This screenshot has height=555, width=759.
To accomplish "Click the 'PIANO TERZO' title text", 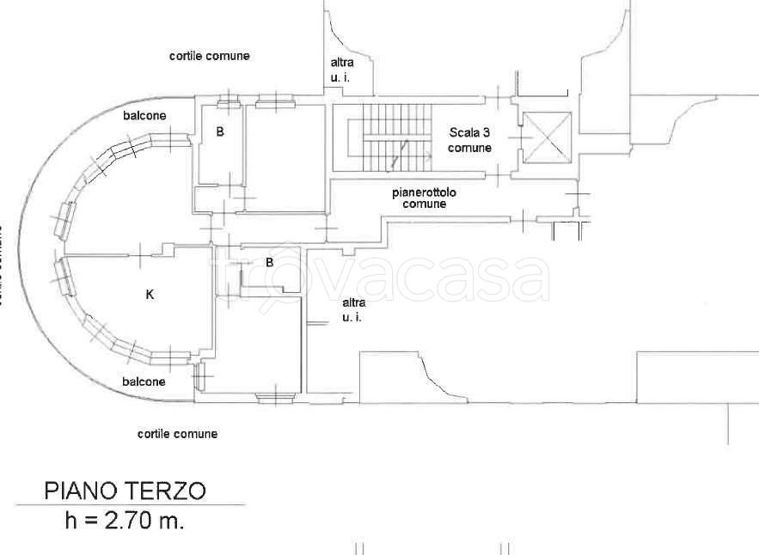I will (125, 491).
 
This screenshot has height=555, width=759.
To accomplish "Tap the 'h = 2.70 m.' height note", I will (125, 520).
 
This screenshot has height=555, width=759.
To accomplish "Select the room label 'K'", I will (150, 295).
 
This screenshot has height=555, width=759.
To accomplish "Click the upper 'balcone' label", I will (144, 115).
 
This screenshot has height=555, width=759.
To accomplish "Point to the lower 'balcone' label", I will (144, 381).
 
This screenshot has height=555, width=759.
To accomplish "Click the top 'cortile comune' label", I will (210, 56).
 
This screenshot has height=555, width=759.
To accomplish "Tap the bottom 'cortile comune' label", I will (177, 434).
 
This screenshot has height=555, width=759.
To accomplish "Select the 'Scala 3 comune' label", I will (469, 140).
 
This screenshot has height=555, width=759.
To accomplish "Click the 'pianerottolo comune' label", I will (425, 198).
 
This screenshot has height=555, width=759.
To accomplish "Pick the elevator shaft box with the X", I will (547, 137).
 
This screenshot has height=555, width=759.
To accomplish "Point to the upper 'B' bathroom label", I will (220, 132).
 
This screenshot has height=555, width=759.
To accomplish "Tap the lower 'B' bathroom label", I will (270, 262).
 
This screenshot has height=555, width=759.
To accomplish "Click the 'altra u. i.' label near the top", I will (342, 70).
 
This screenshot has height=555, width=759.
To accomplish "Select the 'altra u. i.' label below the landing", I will (353, 309).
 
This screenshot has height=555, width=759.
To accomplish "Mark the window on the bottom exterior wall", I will (275, 396).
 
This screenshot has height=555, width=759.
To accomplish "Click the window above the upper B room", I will (228, 104).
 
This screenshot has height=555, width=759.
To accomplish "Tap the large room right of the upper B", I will (285, 158).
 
